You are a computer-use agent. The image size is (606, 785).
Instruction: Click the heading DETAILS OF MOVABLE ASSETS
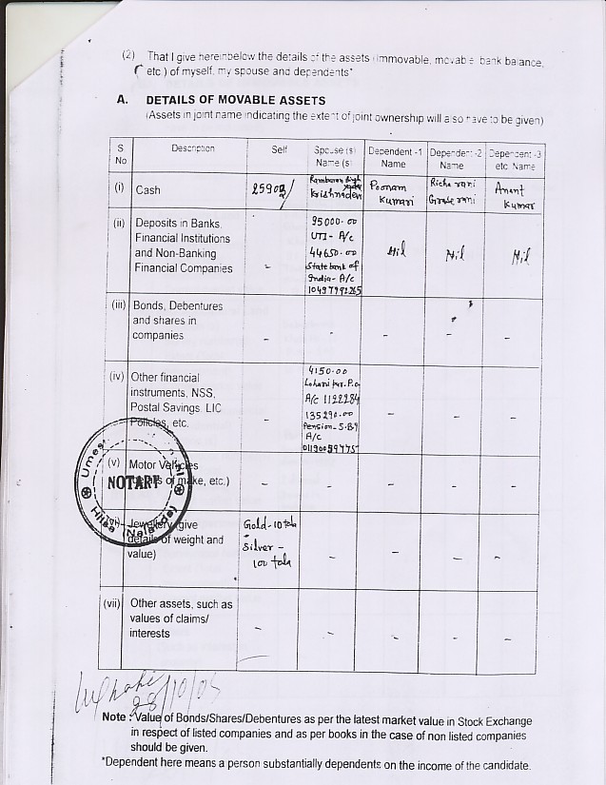pyautogui.click(x=235, y=100)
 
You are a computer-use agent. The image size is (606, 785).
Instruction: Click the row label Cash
pyautogui.click(x=148, y=190)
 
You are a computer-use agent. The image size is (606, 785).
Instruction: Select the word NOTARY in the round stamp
pyautogui.click(x=132, y=481)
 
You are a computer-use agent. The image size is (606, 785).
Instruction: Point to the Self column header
pyautogui.click(x=279, y=149)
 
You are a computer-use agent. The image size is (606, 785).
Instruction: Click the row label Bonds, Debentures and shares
pyautogui.click(x=178, y=321)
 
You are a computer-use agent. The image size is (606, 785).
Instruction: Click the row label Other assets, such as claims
pyautogui.click(x=181, y=618)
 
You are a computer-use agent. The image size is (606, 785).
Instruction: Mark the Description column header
pyautogui.click(x=193, y=148)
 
